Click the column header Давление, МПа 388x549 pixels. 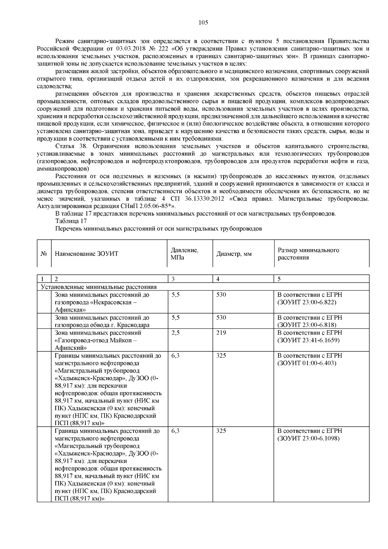(x=184, y=254)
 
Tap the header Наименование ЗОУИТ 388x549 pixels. (x=87, y=254)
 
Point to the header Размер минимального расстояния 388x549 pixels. (x=308, y=254)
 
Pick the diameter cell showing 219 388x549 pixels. (x=221, y=333)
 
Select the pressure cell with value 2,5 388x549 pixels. (x=175, y=333)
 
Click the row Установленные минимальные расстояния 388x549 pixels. (x=99, y=287)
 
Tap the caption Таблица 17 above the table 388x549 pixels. (x=71, y=221)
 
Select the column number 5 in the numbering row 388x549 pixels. (x=279, y=279)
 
